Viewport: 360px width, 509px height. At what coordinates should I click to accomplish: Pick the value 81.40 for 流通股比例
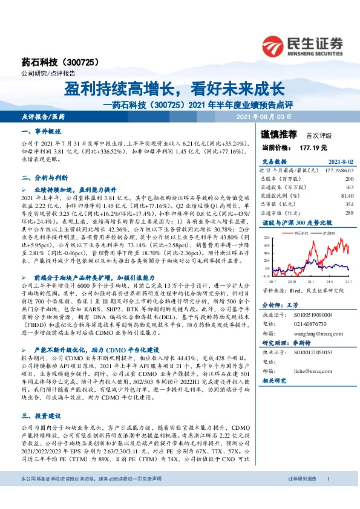pyautogui.click(x=347, y=196)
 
